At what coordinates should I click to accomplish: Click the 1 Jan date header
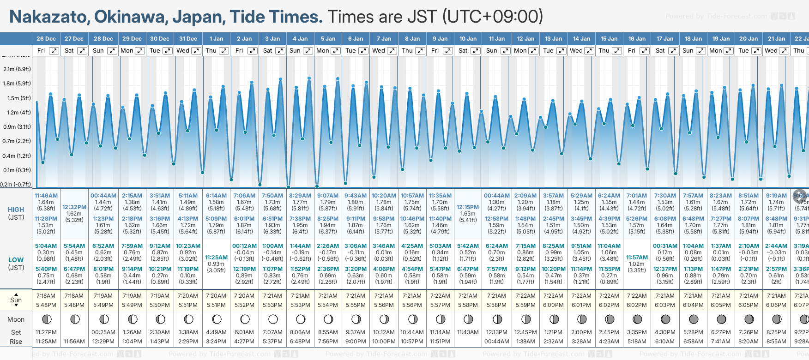pos(216,39)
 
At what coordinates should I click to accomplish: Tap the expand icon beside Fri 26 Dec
pos(54,51)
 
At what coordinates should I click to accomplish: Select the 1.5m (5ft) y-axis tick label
pos(17,98)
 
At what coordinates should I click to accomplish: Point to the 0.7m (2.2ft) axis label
pos(17,141)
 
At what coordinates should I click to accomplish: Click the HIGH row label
pos(16,210)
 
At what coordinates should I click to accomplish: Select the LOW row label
pos(16,260)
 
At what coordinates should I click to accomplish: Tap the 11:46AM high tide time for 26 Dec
pos(46,196)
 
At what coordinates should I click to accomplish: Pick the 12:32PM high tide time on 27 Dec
pos(74,207)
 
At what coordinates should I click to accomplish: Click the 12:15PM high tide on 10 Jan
pos(468,207)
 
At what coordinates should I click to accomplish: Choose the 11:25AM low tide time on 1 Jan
pos(216,258)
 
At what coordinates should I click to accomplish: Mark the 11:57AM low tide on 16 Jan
pos(637,258)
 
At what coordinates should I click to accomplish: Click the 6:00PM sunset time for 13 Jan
pos(553,305)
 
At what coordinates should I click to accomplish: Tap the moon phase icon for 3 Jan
pos(273,319)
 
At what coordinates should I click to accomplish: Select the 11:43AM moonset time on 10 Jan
pos(468,332)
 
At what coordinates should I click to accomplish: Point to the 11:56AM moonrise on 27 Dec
pos(74,342)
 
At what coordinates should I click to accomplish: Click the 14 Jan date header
pos(582,39)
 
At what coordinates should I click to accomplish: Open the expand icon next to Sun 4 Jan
pos(308,51)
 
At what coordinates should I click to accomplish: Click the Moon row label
pos(16,319)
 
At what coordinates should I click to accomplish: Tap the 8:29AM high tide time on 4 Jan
pos(300,196)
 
